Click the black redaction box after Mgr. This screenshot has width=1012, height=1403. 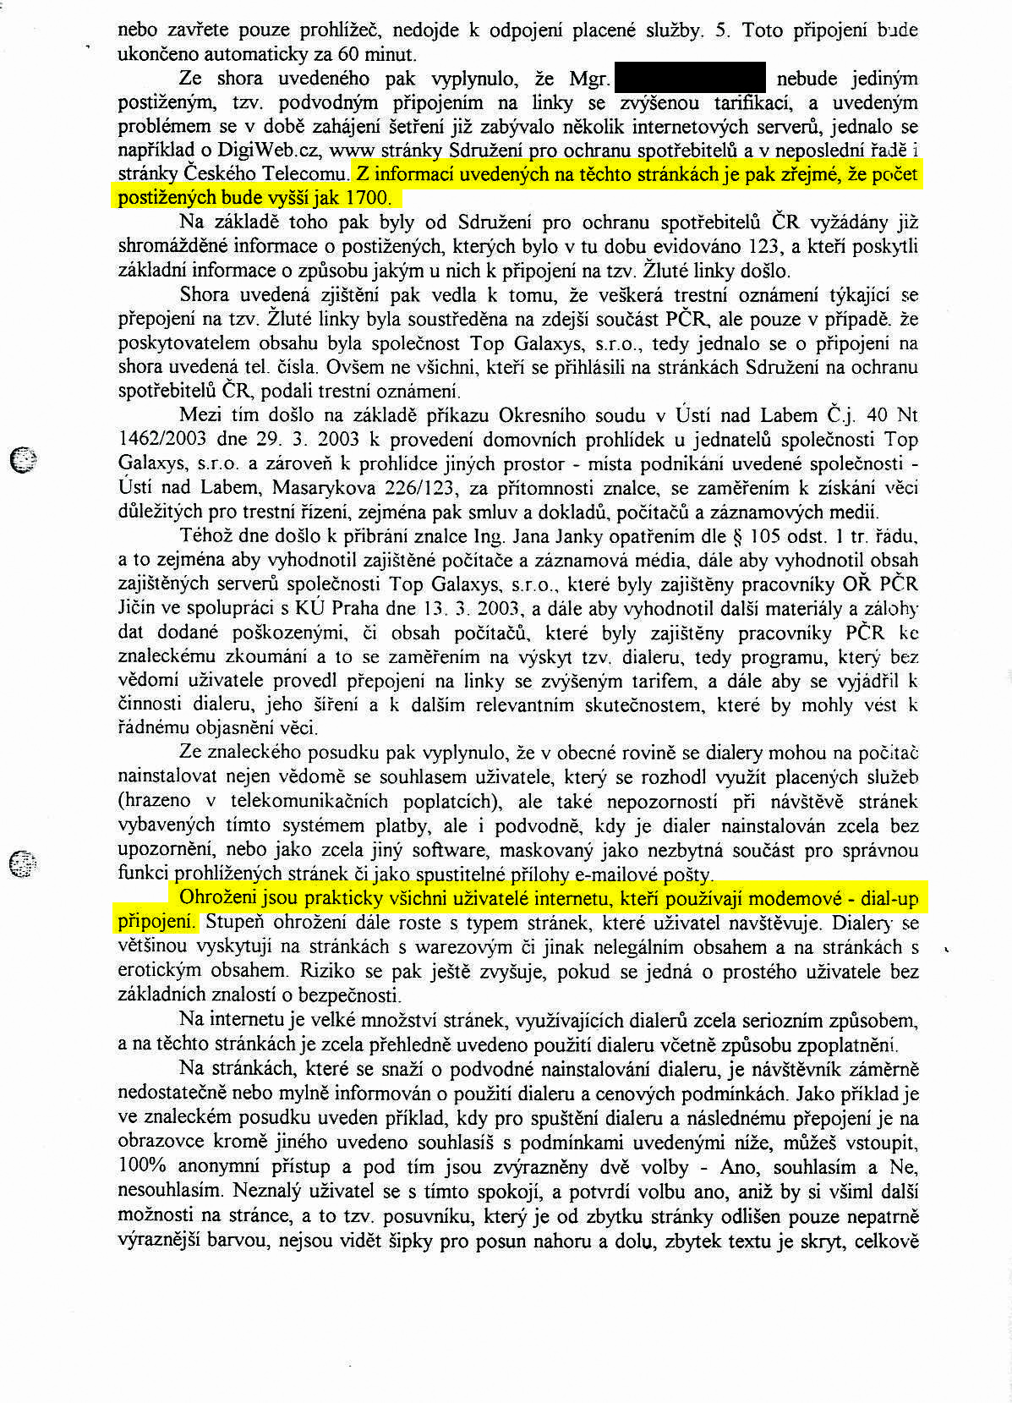690,78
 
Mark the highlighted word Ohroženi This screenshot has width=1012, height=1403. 215,898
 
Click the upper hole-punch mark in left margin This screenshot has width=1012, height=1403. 25,459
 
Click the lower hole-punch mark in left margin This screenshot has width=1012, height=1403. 25,863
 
